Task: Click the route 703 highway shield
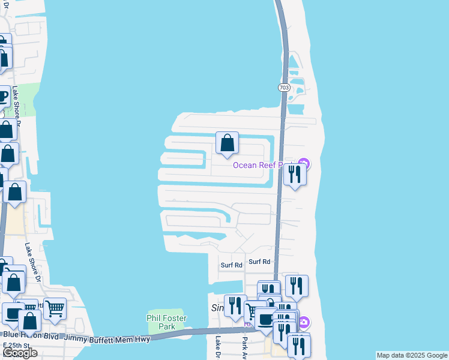pyautogui.click(x=284, y=88)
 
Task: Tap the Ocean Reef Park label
pyautogui.click(x=264, y=165)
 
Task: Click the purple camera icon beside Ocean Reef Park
pyautogui.click(x=304, y=163)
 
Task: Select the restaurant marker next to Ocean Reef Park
pyautogui.click(x=294, y=174)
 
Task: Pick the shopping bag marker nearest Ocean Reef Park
pyautogui.click(x=227, y=143)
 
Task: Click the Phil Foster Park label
pyautogui.click(x=166, y=322)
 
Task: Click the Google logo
pyautogui.click(x=20, y=353)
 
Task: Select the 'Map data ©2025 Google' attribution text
pyautogui.click(x=412, y=355)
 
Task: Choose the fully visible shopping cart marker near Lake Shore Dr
pyautogui.click(x=55, y=309)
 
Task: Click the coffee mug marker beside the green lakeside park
pyautogui.click(x=3, y=96)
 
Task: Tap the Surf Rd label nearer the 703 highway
pyautogui.click(x=259, y=262)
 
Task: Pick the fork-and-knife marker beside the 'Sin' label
pyautogui.click(x=234, y=305)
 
